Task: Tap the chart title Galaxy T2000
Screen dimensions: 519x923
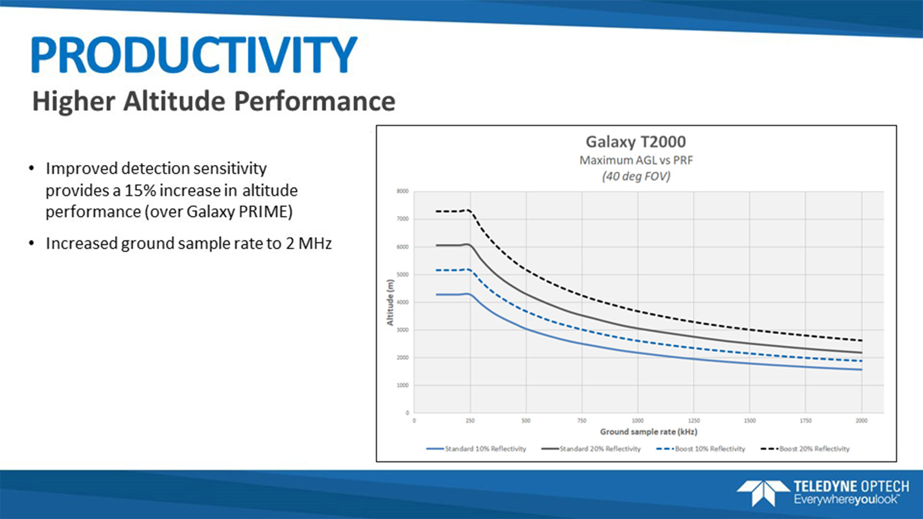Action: (636, 142)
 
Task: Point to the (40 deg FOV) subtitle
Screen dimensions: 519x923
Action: (636, 176)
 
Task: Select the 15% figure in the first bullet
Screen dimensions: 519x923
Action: (140, 191)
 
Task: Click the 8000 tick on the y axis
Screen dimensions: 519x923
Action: (402, 191)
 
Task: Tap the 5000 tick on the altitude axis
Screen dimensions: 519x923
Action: (402, 274)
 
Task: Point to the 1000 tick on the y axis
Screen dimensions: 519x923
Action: (402, 385)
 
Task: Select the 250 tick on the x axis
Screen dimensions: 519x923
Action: (470, 421)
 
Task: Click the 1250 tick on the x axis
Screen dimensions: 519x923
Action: (694, 421)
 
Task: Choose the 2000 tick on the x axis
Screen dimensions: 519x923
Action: (861, 421)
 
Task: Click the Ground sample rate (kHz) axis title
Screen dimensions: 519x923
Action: (649, 432)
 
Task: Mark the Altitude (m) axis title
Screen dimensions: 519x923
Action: (390, 302)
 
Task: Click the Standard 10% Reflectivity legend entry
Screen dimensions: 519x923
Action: (485, 449)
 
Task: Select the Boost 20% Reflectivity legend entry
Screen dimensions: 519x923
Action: (814, 449)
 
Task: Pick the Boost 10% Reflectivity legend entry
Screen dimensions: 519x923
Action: (710, 449)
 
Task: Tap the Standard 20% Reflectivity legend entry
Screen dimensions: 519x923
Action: (599, 449)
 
